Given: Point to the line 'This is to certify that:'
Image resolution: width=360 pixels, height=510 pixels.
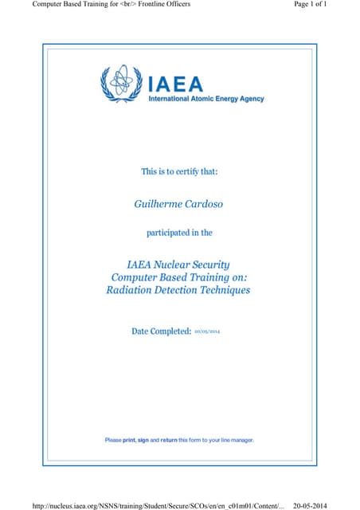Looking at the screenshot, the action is [178, 171].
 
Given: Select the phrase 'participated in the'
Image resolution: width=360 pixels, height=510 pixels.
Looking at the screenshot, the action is [178, 233].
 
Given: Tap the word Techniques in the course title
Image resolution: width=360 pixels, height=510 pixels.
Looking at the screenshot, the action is [221, 290].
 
